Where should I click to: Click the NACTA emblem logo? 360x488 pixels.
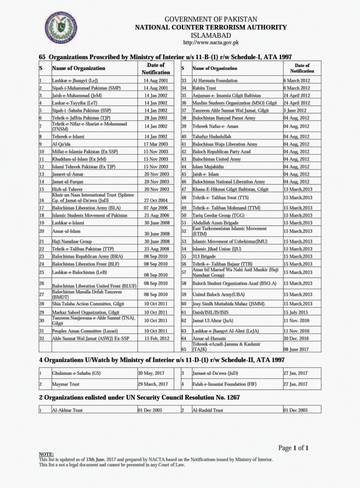click(61, 28)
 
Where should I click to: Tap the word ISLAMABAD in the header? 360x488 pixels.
click(211, 35)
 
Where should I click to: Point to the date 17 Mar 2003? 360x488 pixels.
click(156, 144)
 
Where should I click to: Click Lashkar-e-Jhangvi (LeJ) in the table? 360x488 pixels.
click(75, 81)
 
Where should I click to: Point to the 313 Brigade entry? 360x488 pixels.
click(204, 256)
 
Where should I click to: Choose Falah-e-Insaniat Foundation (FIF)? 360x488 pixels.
click(224, 384)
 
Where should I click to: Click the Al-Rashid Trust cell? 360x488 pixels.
click(208, 410)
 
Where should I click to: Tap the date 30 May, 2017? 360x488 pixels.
click(152, 373)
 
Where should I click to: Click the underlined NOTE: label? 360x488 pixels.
click(46, 454)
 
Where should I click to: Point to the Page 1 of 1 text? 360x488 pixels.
click(293, 448)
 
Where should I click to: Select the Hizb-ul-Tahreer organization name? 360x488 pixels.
click(67, 189)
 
